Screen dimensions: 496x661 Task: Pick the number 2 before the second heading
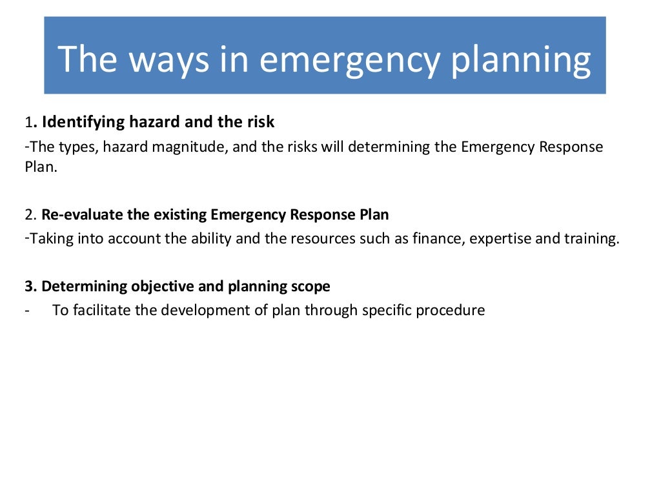click(x=29, y=215)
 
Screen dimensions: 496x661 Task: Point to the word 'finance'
click(x=438, y=238)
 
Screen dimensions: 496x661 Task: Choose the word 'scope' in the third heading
click(x=312, y=286)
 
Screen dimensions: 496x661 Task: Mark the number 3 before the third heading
click(x=29, y=286)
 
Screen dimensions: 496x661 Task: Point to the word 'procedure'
click(x=450, y=310)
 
